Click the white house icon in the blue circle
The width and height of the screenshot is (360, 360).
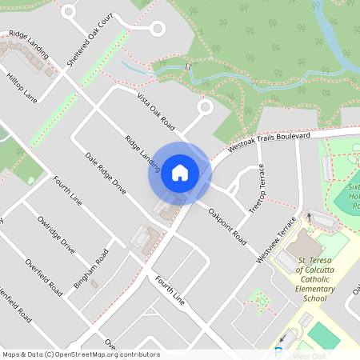point(179,173)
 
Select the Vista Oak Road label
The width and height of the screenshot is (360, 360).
point(155,111)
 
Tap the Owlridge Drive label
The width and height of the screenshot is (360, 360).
point(56,234)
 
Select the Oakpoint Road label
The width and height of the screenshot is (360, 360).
point(227,225)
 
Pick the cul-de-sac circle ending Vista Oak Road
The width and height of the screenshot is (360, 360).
point(204,106)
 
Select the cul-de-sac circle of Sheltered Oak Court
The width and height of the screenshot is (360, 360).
point(158,29)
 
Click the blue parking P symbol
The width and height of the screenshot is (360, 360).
point(278,352)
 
